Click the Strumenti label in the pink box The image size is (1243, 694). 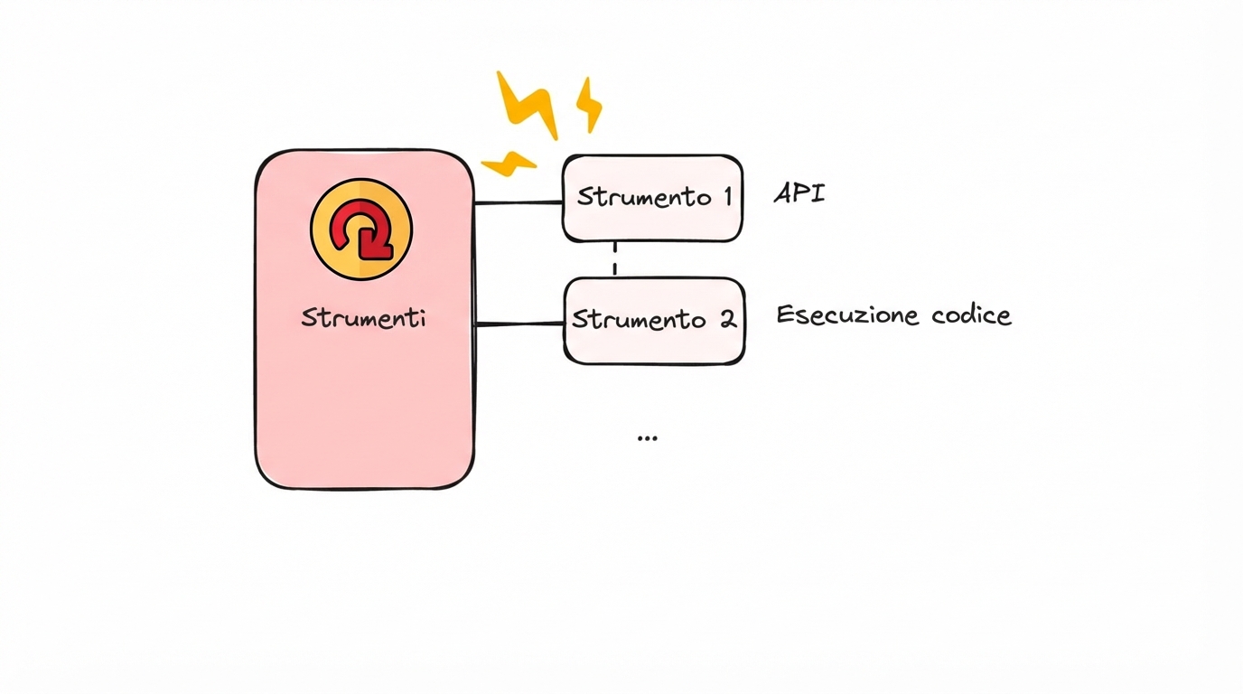pos(363,318)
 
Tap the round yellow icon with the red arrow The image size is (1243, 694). pos(361,229)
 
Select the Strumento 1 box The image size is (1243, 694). pos(652,198)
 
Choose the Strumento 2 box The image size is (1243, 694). pos(654,321)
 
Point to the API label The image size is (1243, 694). pos(799,193)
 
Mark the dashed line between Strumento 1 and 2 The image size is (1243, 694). pos(615,259)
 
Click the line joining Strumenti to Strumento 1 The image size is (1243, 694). pos(519,202)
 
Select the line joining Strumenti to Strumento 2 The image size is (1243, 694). pos(519,323)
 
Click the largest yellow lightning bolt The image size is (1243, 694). pos(528,103)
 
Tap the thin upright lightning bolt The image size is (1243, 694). pos(589,103)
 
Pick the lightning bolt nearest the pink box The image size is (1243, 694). pos(509,163)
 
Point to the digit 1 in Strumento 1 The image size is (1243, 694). pos(726,196)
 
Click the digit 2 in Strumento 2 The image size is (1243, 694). pos(727,319)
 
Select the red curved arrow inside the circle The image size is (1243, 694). pos(362,230)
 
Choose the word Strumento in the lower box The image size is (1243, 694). pos(639,320)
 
